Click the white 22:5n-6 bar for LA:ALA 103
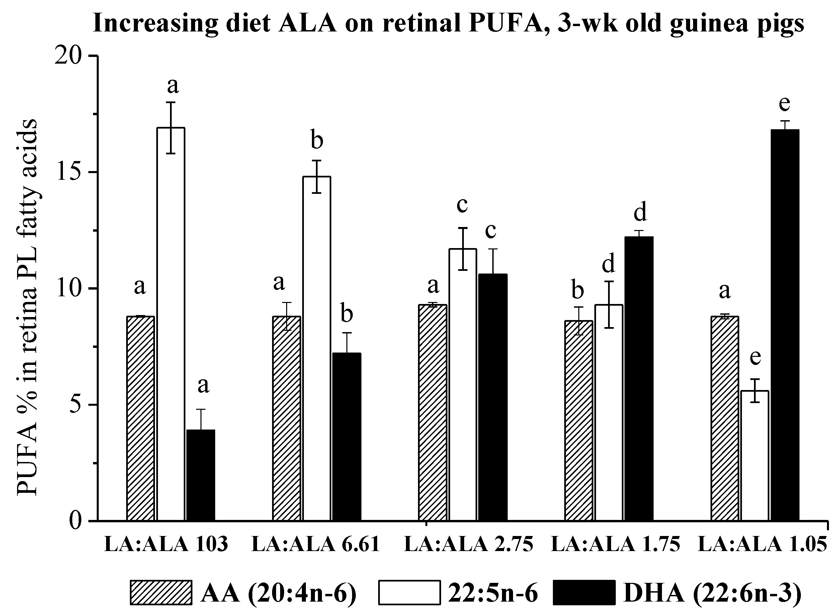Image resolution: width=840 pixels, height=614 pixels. [171, 323]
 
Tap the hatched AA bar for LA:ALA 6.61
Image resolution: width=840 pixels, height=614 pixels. [286, 418]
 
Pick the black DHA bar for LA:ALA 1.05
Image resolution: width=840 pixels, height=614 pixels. [785, 325]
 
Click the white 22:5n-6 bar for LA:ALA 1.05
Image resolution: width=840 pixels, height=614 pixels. [755, 455]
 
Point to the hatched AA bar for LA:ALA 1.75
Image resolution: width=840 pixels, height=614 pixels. [578, 420]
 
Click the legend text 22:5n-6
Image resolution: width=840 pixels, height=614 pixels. [493, 594]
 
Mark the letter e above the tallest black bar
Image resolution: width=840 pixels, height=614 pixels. [784, 103]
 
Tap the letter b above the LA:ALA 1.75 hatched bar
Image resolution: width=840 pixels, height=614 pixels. [577, 291]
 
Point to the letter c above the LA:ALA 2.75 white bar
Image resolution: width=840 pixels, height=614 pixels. [462, 205]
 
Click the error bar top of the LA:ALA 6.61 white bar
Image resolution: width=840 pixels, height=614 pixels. [317, 161]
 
